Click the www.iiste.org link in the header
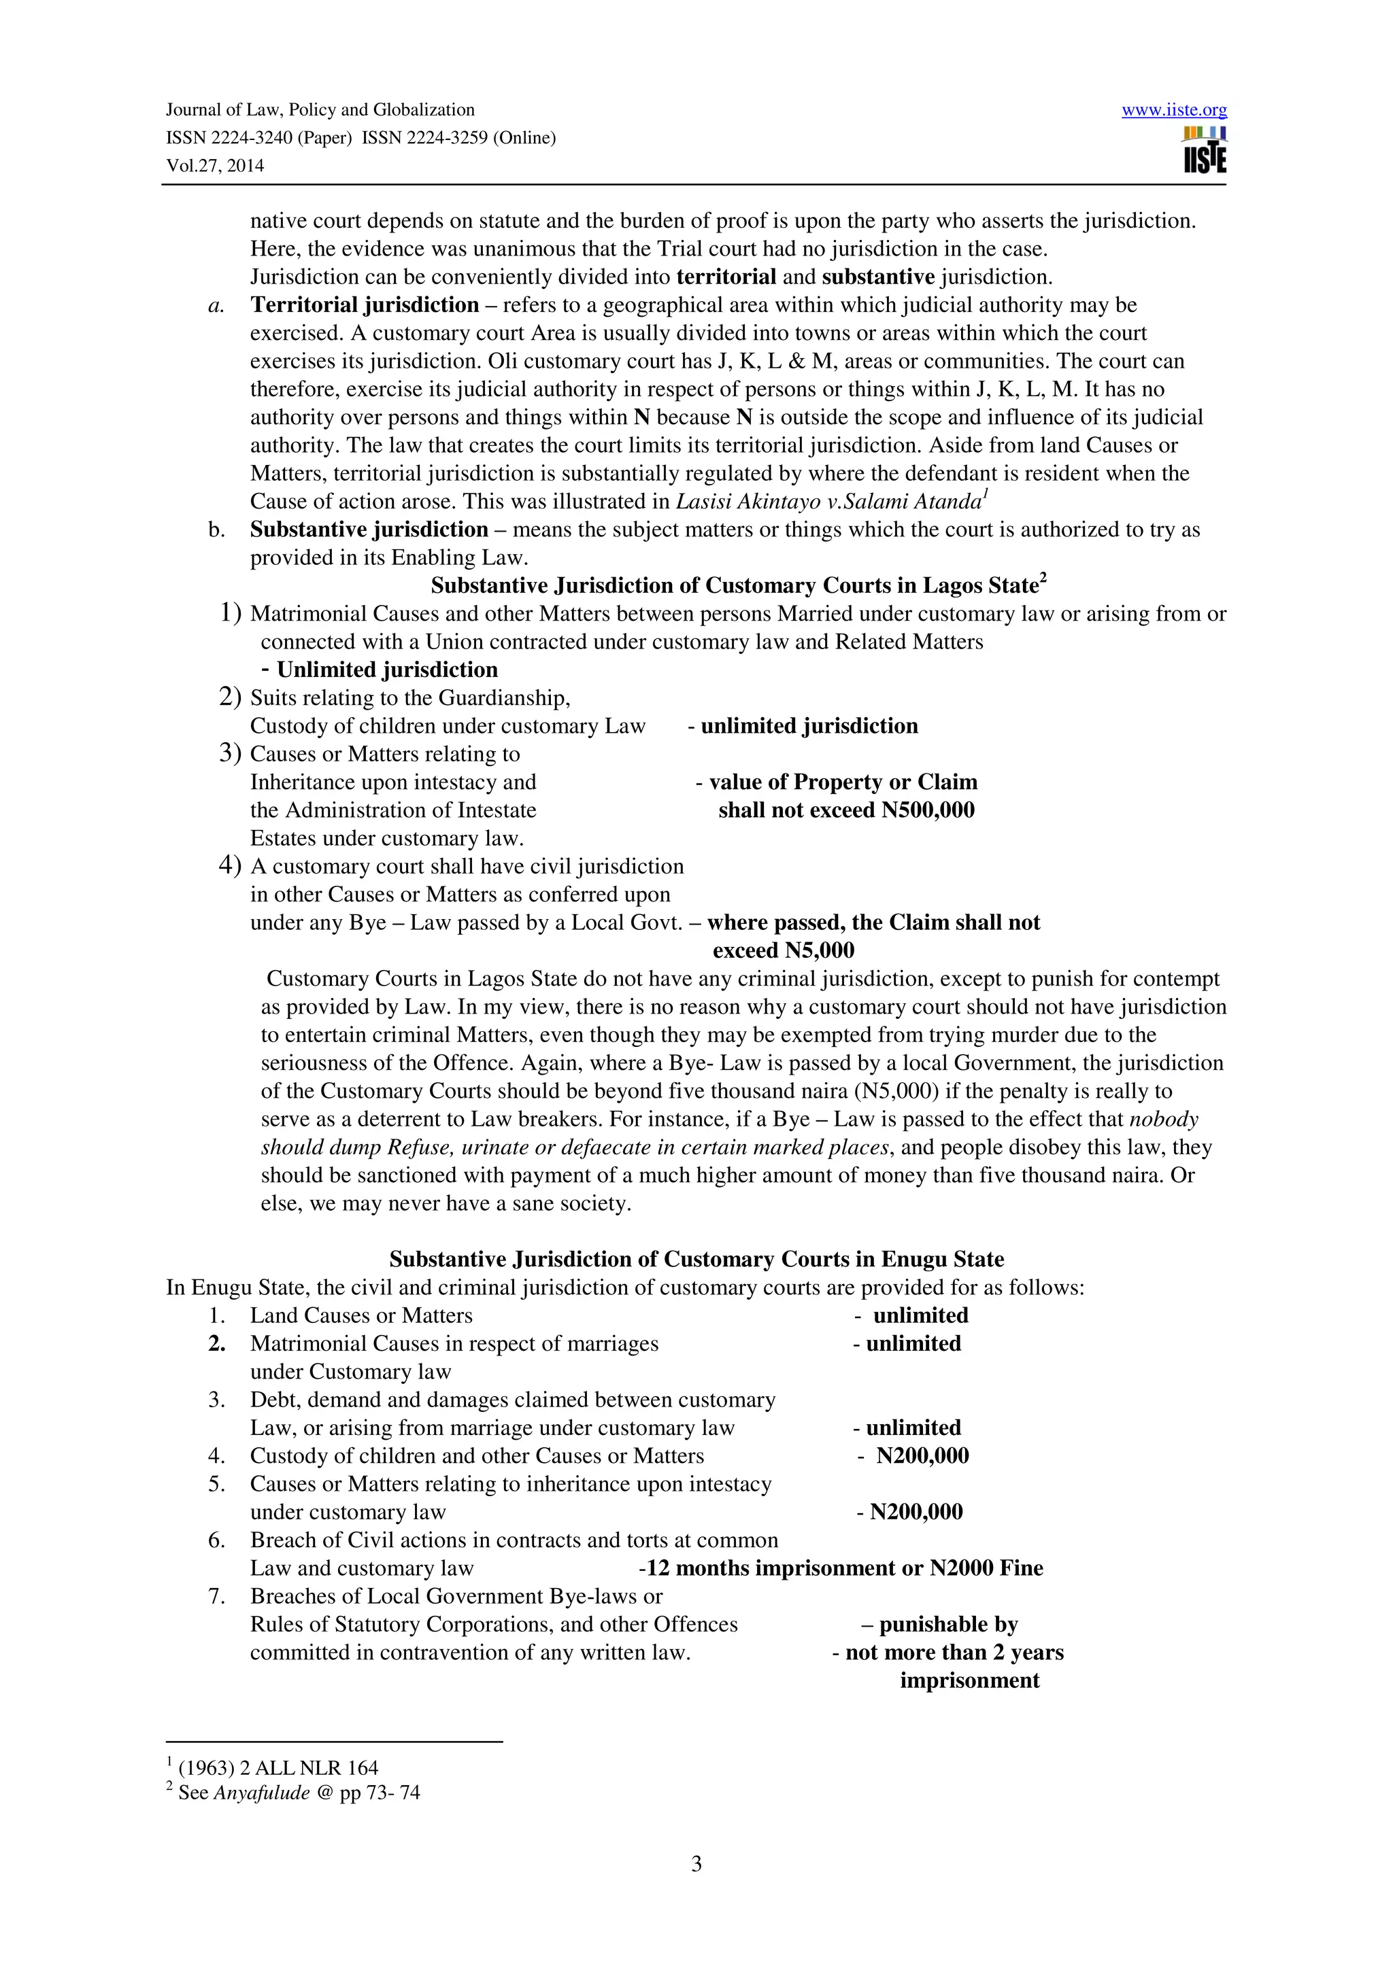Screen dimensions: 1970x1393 click(1173, 110)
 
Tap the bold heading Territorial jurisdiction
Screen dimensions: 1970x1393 click(364, 305)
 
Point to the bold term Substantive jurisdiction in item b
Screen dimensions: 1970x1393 click(369, 530)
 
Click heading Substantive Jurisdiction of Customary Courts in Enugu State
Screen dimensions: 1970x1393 click(696, 1259)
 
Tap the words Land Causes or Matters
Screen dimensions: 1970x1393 click(361, 1315)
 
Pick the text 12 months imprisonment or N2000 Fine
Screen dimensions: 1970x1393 click(843, 1568)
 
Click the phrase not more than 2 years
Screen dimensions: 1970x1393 click(954, 1652)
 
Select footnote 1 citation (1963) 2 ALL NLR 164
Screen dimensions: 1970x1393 click(278, 1767)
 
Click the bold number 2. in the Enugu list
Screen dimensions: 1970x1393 click(216, 1344)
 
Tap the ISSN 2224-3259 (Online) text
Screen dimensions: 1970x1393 click(458, 137)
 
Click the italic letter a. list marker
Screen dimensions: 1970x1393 click(216, 305)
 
